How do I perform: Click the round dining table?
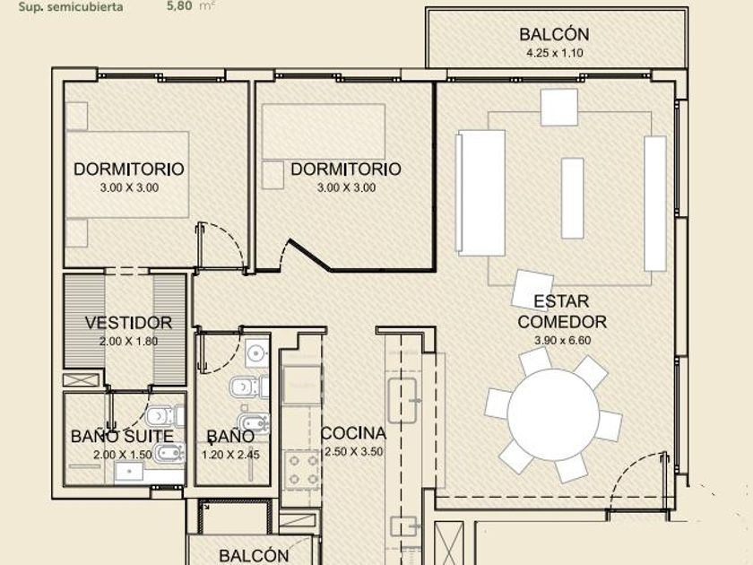[553, 415]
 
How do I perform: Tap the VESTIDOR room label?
[129, 322]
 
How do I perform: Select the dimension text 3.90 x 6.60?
[562, 340]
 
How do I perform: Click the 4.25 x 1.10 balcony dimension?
[555, 53]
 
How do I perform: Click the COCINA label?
[353, 433]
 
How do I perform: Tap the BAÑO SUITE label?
[122, 436]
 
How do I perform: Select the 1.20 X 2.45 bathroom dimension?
[231, 455]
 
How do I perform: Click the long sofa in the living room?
[480, 193]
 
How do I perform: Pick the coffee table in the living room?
[573, 198]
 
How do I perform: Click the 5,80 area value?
[179, 5]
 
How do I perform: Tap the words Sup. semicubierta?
[71, 7]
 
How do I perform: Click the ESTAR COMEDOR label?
[562, 311]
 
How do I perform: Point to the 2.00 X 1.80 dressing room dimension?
[129, 341]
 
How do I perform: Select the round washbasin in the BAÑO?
[257, 354]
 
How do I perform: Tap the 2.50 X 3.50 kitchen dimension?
[354, 452]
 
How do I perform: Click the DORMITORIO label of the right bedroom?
[346, 169]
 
